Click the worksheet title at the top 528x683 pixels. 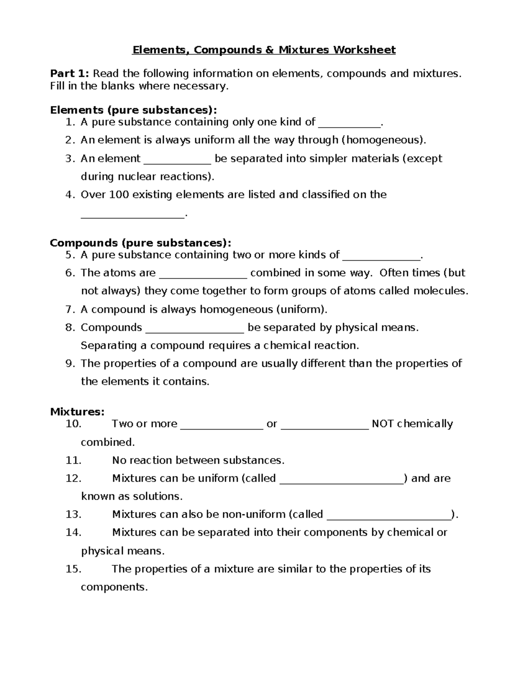(264, 50)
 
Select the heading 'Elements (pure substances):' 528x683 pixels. (133, 110)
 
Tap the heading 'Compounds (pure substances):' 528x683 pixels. (140, 243)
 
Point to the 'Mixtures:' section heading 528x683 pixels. (77, 412)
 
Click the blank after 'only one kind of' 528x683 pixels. (349, 123)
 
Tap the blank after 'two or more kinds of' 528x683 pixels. (381, 256)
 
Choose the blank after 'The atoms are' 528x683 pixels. (203, 274)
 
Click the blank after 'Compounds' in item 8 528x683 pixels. (194, 329)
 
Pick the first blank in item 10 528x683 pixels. (222, 425)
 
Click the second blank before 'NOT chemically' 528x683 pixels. (324, 425)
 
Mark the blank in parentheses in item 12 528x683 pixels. (341, 479)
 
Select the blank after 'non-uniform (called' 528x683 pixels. (390, 515)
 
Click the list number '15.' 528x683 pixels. (73, 569)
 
